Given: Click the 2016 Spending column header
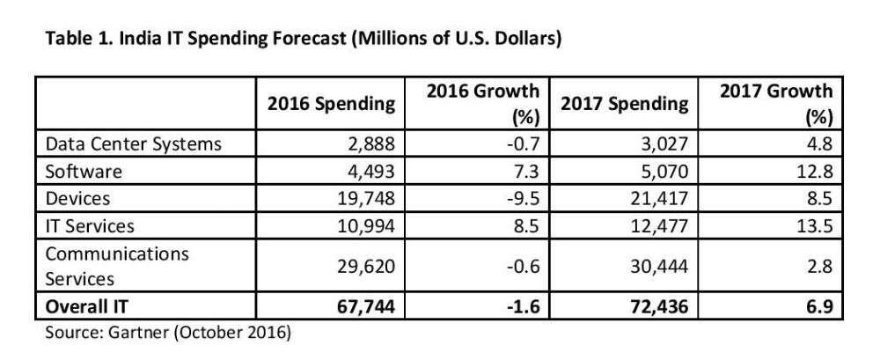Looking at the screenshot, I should click(x=331, y=104).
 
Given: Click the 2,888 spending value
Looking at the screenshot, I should click(x=373, y=143).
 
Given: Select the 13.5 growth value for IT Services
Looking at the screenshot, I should click(x=814, y=224).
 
